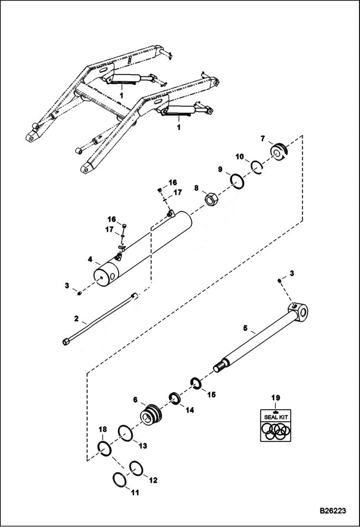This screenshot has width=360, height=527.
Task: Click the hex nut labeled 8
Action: click(x=210, y=198)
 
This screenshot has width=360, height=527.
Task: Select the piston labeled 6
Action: click(x=153, y=413)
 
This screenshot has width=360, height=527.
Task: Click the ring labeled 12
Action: click(x=136, y=467)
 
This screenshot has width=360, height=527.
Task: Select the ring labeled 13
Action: click(x=125, y=433)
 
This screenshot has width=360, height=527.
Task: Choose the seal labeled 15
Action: click(x=196, y=383)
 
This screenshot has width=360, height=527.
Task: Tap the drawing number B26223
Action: click(x=332, y=511)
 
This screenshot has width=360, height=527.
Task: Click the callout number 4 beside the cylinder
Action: click(x=90, y=260)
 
